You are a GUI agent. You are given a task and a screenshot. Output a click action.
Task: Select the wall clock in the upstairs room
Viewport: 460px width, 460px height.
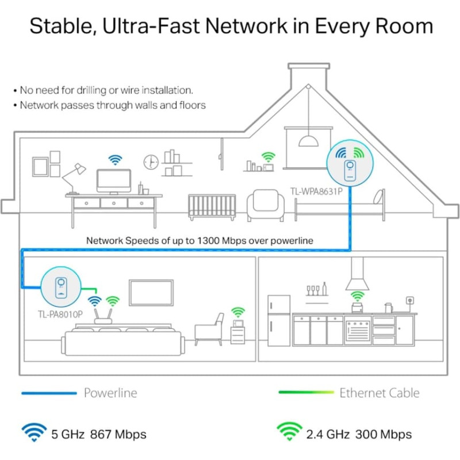151,162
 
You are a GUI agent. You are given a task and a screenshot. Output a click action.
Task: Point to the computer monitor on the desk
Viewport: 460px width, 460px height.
114,181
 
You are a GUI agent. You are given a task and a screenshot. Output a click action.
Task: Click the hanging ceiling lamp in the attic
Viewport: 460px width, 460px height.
309,140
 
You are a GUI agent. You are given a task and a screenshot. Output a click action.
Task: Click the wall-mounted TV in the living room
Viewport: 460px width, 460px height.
151,292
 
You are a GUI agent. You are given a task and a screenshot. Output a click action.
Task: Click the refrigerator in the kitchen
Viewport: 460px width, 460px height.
279,320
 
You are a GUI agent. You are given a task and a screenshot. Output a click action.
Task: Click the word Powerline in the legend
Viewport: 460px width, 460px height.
110,393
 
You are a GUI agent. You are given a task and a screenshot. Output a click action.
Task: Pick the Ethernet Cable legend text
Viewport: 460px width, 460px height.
379,393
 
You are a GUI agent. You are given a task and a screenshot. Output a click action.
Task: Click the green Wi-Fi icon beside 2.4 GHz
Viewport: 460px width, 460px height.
290,432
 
